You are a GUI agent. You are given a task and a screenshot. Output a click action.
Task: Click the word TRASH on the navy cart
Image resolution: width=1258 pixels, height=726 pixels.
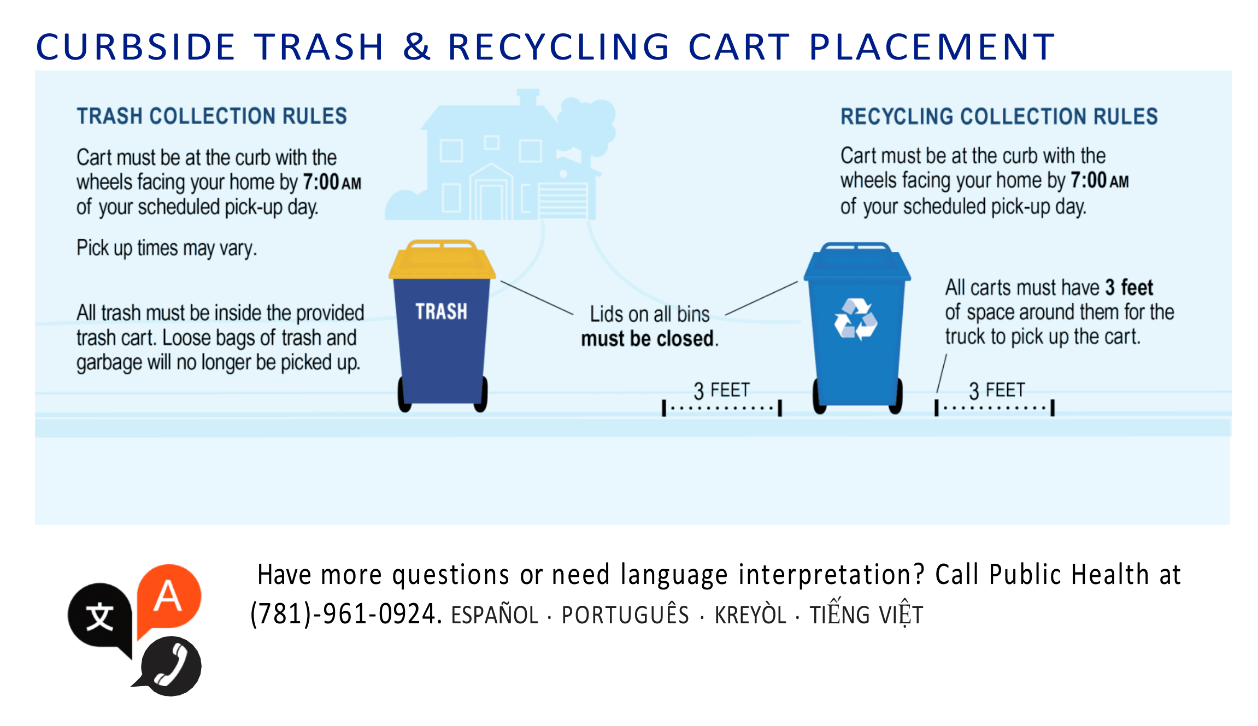[x=441, y=311]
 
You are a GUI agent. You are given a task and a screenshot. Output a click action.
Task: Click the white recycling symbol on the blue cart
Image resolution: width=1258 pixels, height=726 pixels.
[x=855, y=320]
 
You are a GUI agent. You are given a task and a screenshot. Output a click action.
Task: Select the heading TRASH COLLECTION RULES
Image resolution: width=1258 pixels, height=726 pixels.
[x=211, y=116]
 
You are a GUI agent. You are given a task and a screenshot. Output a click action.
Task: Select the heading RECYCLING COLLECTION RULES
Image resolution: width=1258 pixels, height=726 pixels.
[x=998, y=117]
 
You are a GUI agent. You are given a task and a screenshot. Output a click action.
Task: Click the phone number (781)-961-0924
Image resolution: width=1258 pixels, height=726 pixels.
[x=345, y=614]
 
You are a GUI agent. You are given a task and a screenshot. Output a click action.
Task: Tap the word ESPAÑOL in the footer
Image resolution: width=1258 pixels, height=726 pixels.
[x=495, y=616]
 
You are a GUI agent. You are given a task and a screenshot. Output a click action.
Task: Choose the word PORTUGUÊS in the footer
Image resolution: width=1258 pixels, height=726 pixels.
[x=625, y=616]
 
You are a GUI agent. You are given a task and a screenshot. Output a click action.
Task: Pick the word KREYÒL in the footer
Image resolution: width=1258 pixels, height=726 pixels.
[x=750, y=616]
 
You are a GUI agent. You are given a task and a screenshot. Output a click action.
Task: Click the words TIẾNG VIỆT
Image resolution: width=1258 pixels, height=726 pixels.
[x=866, y=615]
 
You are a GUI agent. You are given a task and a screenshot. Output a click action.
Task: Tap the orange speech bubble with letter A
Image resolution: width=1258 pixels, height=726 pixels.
[x=169, y=597]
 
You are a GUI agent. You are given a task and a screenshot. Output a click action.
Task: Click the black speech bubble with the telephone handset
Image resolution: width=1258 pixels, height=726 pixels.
[x=171, y=666]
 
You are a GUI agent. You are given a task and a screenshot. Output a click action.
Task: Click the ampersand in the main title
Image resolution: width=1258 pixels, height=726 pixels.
[x=416, y=46]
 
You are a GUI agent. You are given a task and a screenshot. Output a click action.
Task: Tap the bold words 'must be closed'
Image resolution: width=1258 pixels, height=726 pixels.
[x=649, y=339]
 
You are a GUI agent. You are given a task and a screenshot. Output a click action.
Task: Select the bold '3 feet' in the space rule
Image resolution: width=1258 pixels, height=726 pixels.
[x=1129, y=287]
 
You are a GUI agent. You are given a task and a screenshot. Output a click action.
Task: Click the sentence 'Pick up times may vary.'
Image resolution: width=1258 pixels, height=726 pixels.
[x=166, y=249]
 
